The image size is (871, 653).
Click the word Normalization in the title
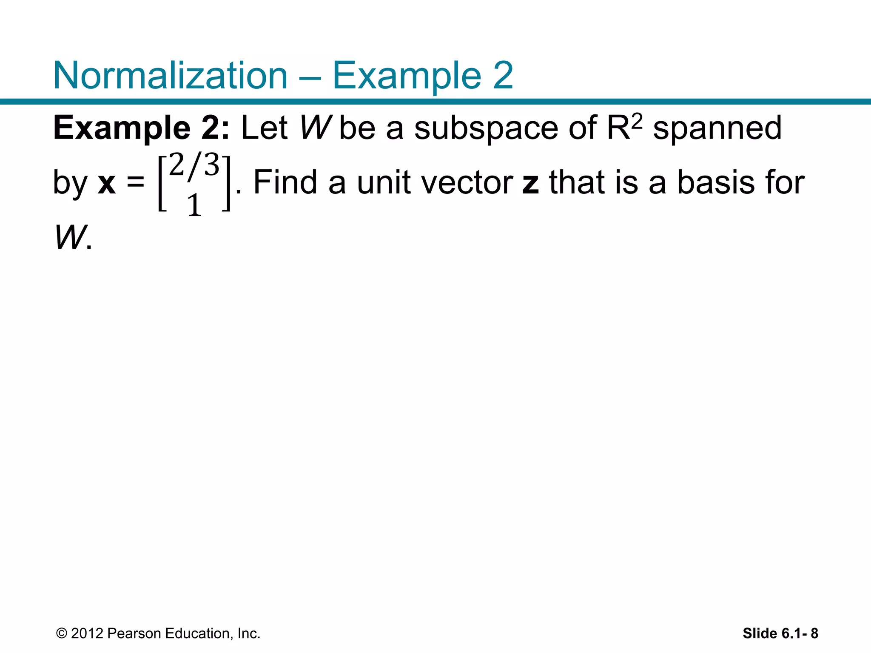tap(171, 76)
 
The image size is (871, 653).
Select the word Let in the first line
tap(264, 128)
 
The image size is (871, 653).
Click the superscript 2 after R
tap(637, 122)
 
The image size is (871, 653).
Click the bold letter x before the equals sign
tap(106, 183)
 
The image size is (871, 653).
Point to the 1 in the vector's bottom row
tap(194, 205)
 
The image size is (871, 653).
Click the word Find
tap(285, 182)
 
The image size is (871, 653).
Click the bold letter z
tap(530, 183)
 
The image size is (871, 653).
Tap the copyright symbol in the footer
tap(62, 633)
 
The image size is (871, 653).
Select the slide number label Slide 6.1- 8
tap(780, 633)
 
